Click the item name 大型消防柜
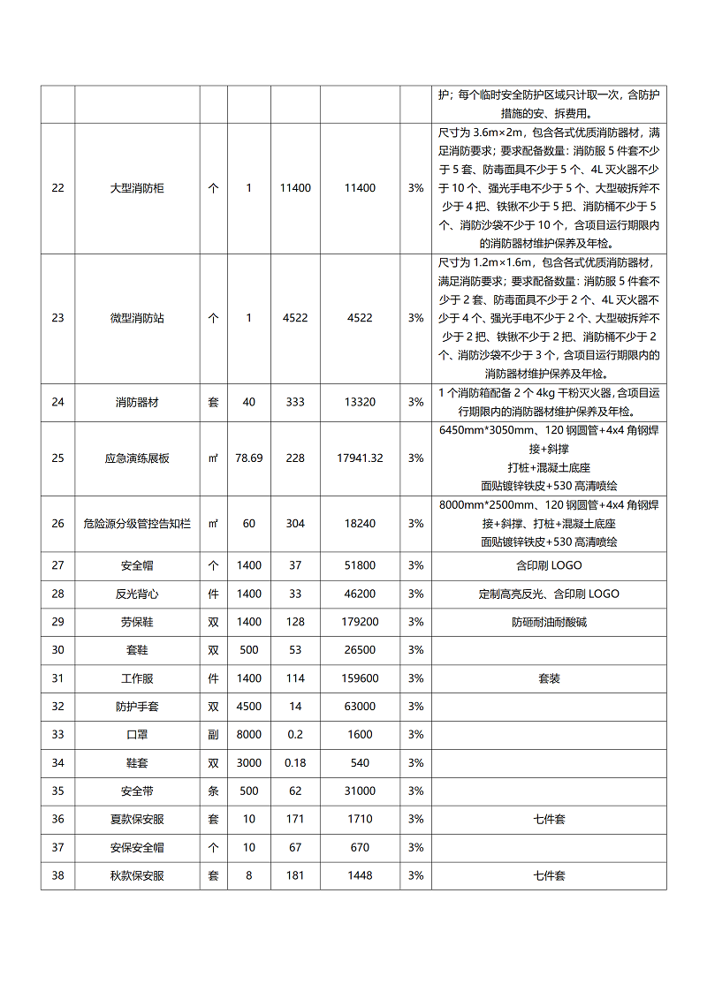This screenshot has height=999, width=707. tap(137, 188)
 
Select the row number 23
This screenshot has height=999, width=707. tap(57, 318)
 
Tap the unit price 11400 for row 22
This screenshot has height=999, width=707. tap(295, 188)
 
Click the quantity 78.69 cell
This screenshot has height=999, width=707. tap(249, 458)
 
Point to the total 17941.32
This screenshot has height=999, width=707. tap(360, 458)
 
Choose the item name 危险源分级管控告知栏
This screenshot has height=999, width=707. tap(137, 524)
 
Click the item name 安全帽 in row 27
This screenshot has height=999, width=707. tap(137, 565)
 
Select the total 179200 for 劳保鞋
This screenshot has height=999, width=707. tap(360, 622)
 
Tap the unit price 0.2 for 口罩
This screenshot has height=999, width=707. tap(295, 735)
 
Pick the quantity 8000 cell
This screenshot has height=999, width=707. tap(249, 735)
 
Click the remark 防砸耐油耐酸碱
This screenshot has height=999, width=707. tap(549, 622)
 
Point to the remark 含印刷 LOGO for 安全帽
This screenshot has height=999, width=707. tap(549, 565)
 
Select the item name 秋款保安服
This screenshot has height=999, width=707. tap(137, 876)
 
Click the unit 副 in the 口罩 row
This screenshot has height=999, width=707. tap(213, 735)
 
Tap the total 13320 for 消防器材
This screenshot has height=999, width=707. tap(360, 403)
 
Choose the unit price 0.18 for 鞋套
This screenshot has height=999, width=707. tap(295, 763)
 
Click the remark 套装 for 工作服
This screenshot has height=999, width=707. tap(549, 678)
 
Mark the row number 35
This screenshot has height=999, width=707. tap(57, 791)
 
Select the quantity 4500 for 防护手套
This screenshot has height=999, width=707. tap(249, 707)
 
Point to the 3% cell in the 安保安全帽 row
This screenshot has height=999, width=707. tap(415, 848)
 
